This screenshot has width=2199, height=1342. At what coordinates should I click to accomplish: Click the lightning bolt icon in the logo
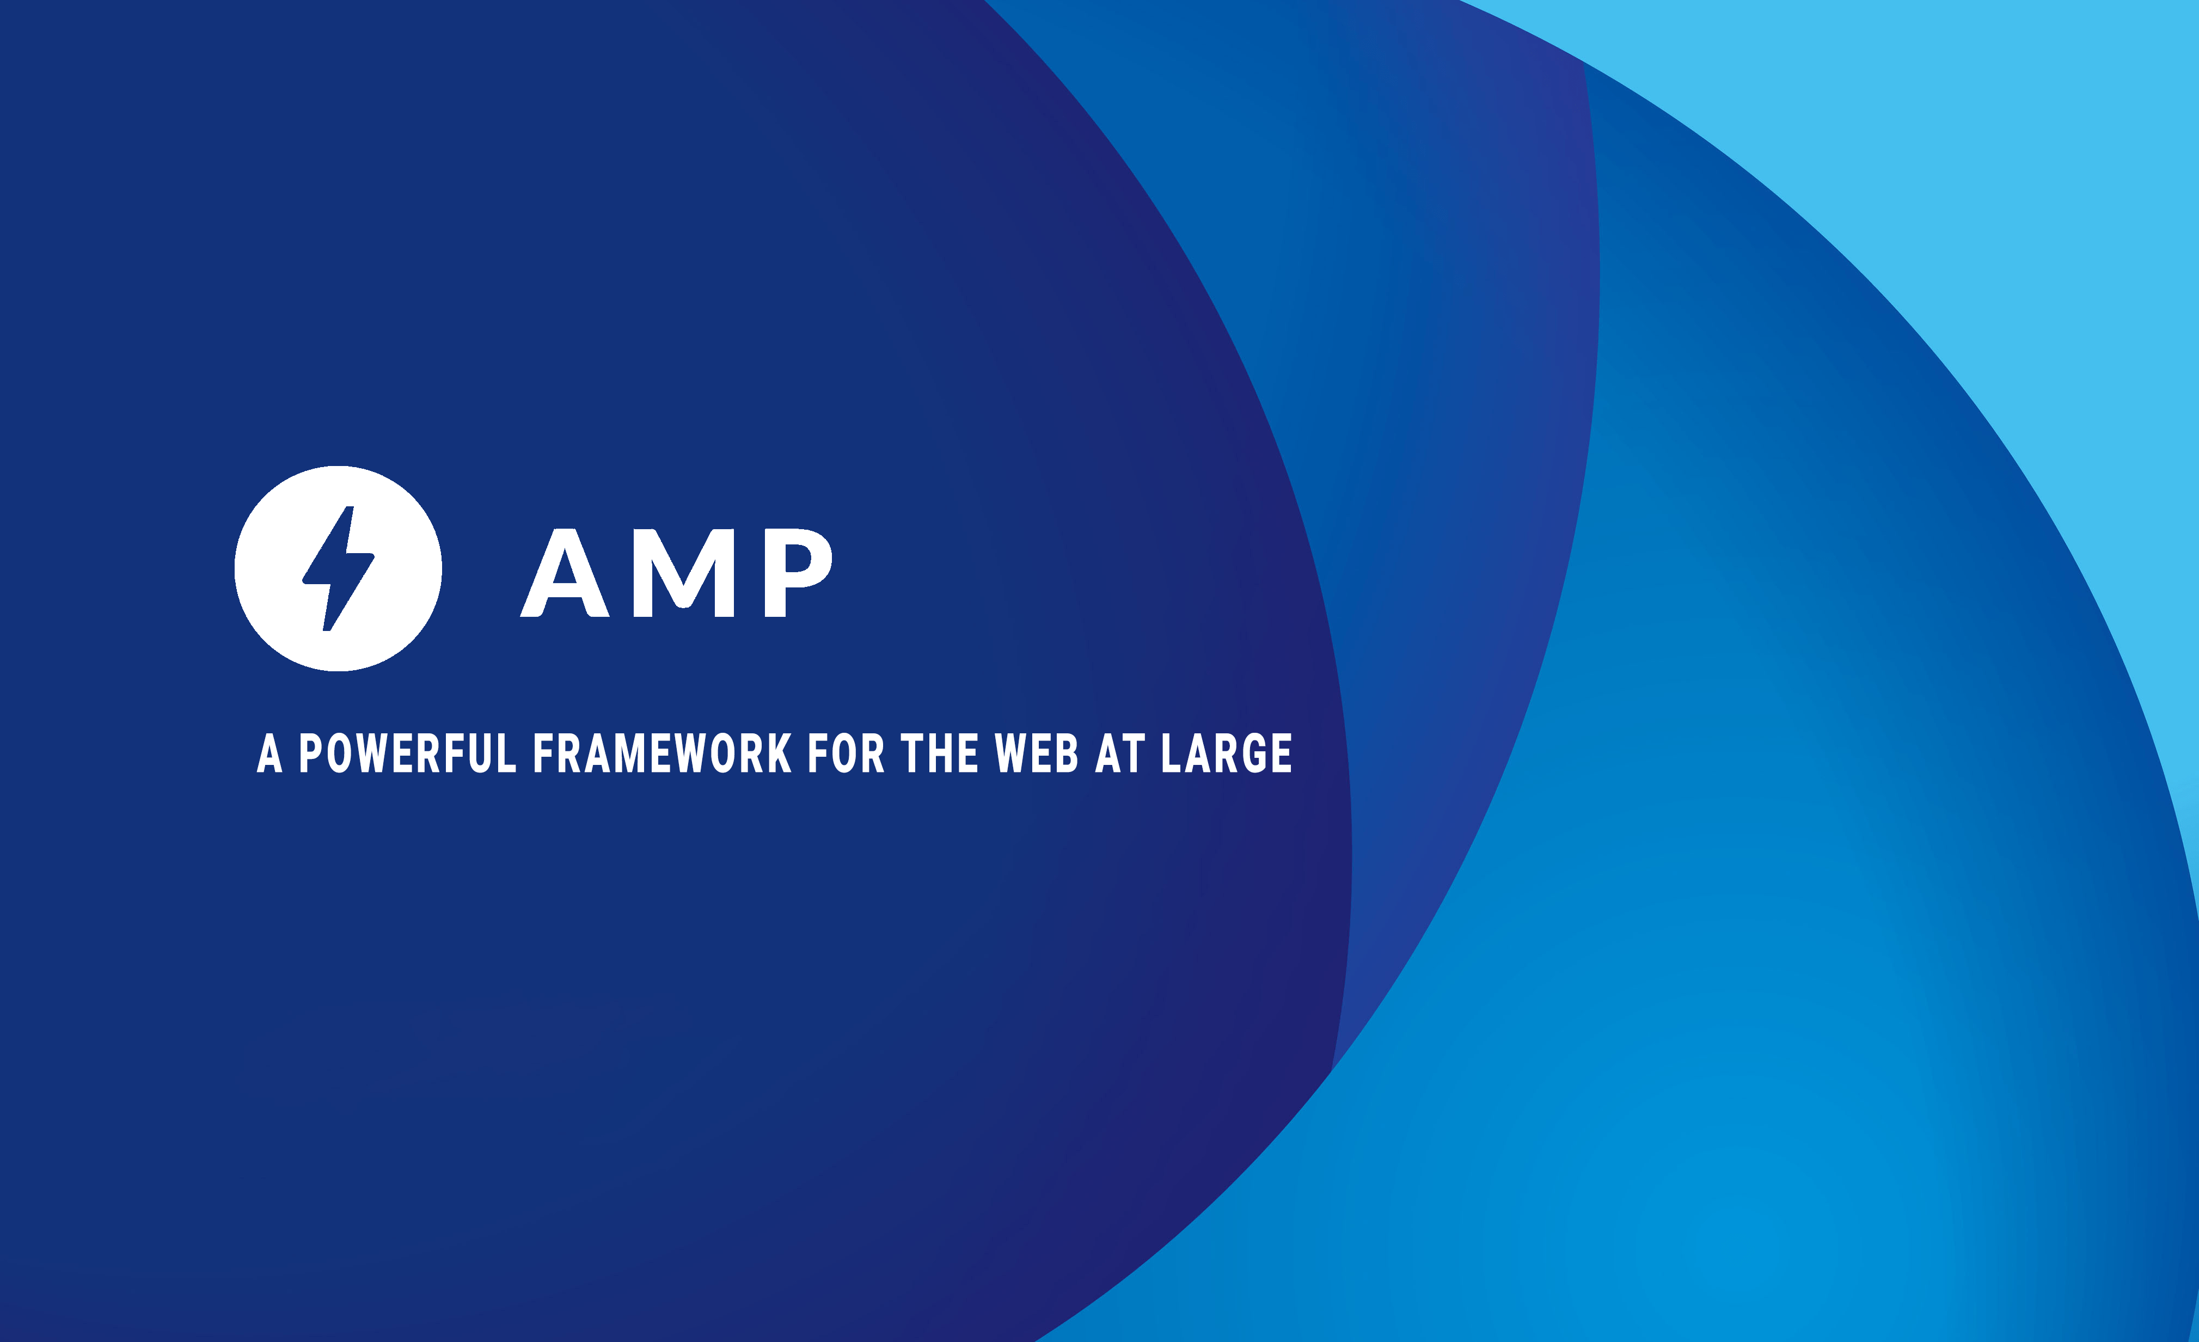click(338, 568)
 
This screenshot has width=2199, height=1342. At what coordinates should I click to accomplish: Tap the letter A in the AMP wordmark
click(565, 573)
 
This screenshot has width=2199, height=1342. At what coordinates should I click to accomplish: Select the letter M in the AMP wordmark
click(684, 573)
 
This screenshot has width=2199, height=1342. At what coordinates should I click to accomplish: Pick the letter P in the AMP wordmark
click(798, 573)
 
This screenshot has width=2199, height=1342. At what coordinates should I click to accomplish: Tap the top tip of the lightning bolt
click(350, 508)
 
